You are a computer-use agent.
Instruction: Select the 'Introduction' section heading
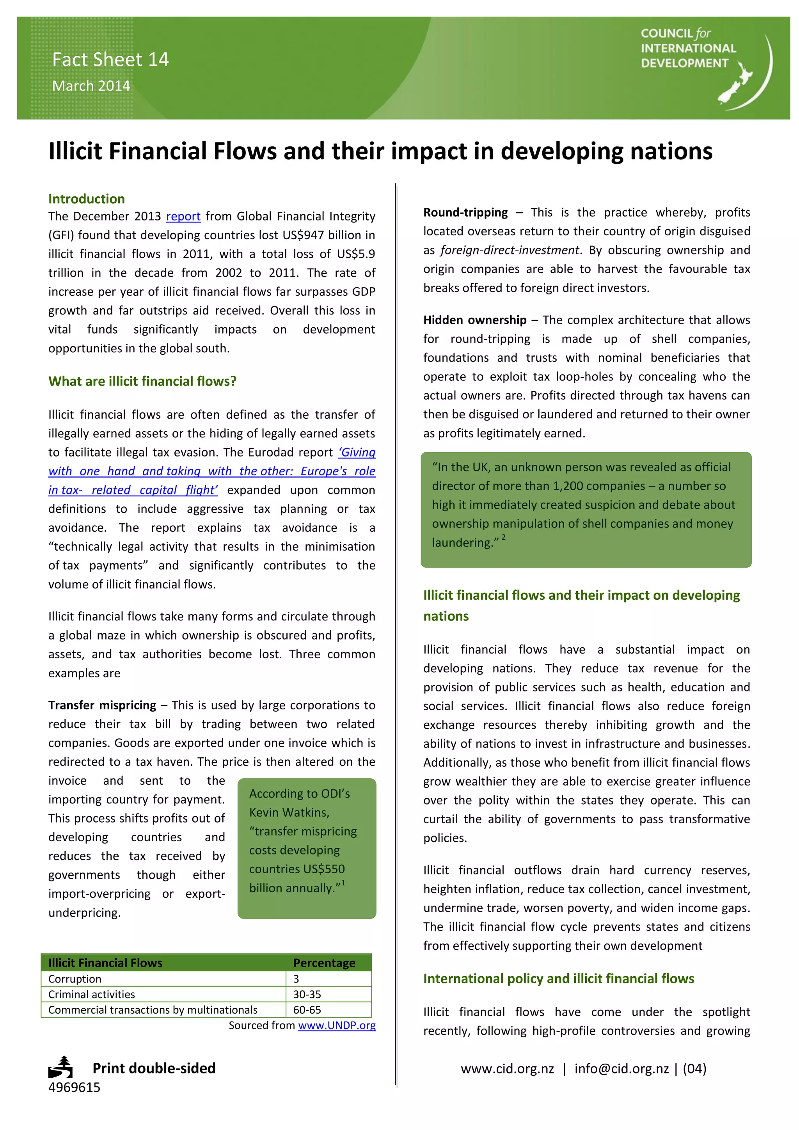pos(87,199)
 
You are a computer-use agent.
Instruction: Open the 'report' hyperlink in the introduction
pos(183,217)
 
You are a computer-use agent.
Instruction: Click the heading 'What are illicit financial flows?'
pos(142,382)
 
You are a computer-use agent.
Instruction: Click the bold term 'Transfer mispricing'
pos(102,705)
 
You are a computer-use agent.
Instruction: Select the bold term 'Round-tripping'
pos(465,213)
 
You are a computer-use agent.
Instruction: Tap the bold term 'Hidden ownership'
pos(475,320)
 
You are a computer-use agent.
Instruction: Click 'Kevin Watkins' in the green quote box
pos(289,812)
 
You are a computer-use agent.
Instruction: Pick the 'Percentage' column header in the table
pos(324,963)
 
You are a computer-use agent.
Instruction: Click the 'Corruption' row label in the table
pos(75,979)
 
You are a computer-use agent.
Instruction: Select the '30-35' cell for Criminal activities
pos(307,994)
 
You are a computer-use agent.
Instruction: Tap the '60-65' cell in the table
pos(307,1010)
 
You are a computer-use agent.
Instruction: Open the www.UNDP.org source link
pos(337,1026)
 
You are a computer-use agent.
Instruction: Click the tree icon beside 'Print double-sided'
pos(61,1067)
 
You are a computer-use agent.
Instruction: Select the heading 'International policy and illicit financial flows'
pos(558,979)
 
